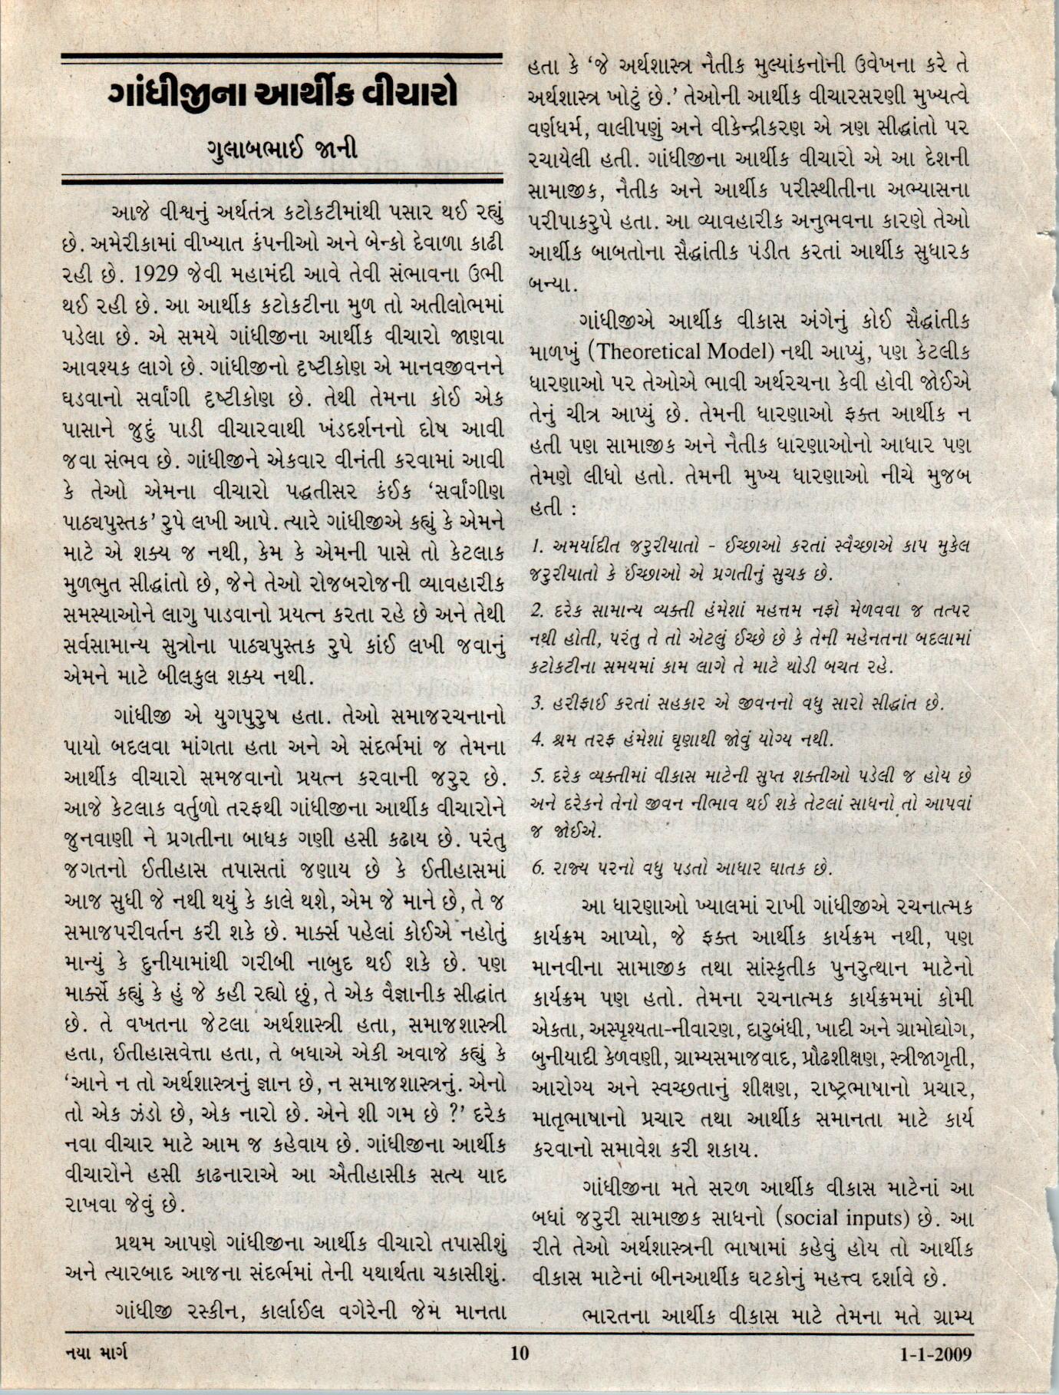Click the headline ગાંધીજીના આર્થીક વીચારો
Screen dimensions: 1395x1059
pos(282,95)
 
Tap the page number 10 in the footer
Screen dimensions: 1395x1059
pos(520,1352)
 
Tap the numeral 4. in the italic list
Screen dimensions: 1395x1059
pos(537,740)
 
